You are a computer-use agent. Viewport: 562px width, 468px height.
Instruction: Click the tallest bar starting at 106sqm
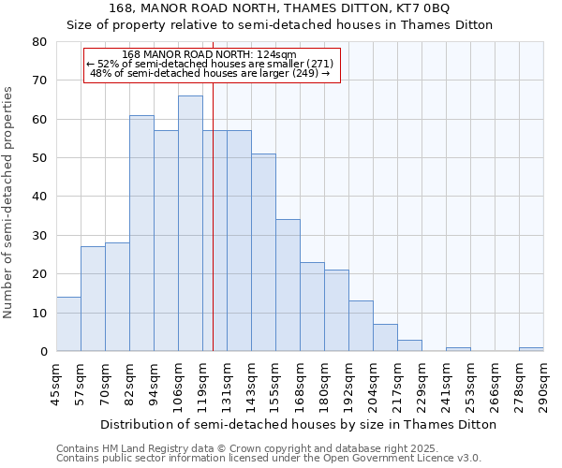click(x=190, y=224)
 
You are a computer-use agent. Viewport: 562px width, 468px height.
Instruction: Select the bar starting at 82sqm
click(x=141, y=233)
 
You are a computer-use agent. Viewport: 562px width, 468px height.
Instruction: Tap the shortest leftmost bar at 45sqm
click(x=68, y=324)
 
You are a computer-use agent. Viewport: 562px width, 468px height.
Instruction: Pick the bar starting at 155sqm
click(x=288, y=285)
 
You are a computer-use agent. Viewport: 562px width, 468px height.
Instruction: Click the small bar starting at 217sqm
click(x=409, y=345)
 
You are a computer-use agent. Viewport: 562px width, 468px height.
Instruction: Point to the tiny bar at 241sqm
click(x=458, y=349)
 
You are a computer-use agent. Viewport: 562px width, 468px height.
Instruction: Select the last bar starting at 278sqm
click(x=531, y=349)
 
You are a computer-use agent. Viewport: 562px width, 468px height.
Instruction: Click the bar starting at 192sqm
click(x=361, y=326)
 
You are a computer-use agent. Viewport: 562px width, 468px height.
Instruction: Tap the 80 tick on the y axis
click(x=40, y=42)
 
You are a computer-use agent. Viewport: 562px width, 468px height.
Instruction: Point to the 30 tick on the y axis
click(x=40, y=235)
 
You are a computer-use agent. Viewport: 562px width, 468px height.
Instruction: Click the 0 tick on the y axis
click(x=44, y=352)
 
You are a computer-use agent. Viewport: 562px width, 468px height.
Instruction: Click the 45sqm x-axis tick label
click(x=57, y=382)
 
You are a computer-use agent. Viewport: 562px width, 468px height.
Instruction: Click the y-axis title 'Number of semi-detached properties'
click(x=9, y=202)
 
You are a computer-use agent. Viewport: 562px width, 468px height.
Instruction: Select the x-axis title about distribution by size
click(x=298, y=424)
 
